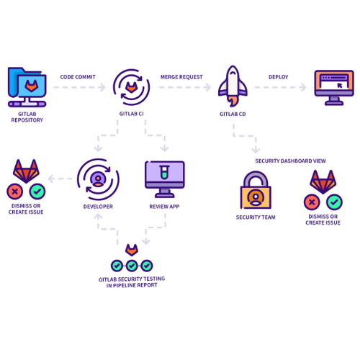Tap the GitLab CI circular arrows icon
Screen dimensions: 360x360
[x=132, y=87]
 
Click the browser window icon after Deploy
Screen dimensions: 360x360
[x=334, y=86]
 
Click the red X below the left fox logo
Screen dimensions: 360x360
[x=14, y=192]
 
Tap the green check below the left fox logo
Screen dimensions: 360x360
[x=37, y=192]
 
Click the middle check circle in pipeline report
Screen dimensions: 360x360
[x=131, y=266]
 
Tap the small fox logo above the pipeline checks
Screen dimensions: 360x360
[x=131, y=249]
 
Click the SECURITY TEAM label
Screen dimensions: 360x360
[x=256, y=217]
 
